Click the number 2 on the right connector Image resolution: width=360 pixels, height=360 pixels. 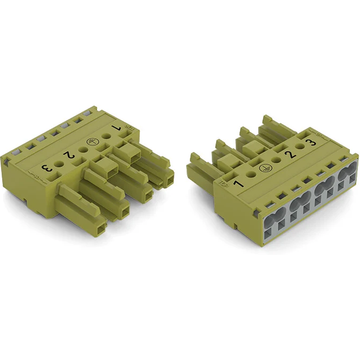291,155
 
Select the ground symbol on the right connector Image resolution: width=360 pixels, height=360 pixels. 263,168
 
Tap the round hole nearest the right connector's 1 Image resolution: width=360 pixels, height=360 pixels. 251,174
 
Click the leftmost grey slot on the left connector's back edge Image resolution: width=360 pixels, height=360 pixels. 15,152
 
